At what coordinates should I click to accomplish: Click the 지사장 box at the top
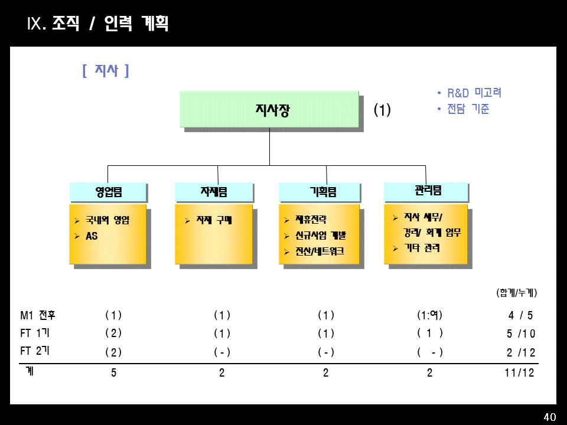pos(269,110)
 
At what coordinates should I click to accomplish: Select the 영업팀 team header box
pos(108,192)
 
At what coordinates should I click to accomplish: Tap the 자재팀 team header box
pos(214,192)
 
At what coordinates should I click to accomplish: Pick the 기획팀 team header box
pos(320,192)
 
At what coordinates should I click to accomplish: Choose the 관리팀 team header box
pos(425,191)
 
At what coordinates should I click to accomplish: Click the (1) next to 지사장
pos(382,110)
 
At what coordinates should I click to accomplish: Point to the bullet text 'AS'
pos(92,236)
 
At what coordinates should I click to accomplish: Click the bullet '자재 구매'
pos(214,221)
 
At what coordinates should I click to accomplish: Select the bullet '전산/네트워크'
pos(319,251)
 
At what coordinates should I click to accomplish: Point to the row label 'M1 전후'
pos(38,315)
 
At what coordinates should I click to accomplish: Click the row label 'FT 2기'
pos(35,351)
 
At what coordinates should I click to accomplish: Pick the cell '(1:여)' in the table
pos(429,315)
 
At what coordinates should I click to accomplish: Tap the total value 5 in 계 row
pos(113,373)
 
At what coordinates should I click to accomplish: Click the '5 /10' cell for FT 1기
pos(520,334)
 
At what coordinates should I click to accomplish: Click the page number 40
pos(549,417)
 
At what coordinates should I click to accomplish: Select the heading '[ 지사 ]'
pos(106,71)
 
